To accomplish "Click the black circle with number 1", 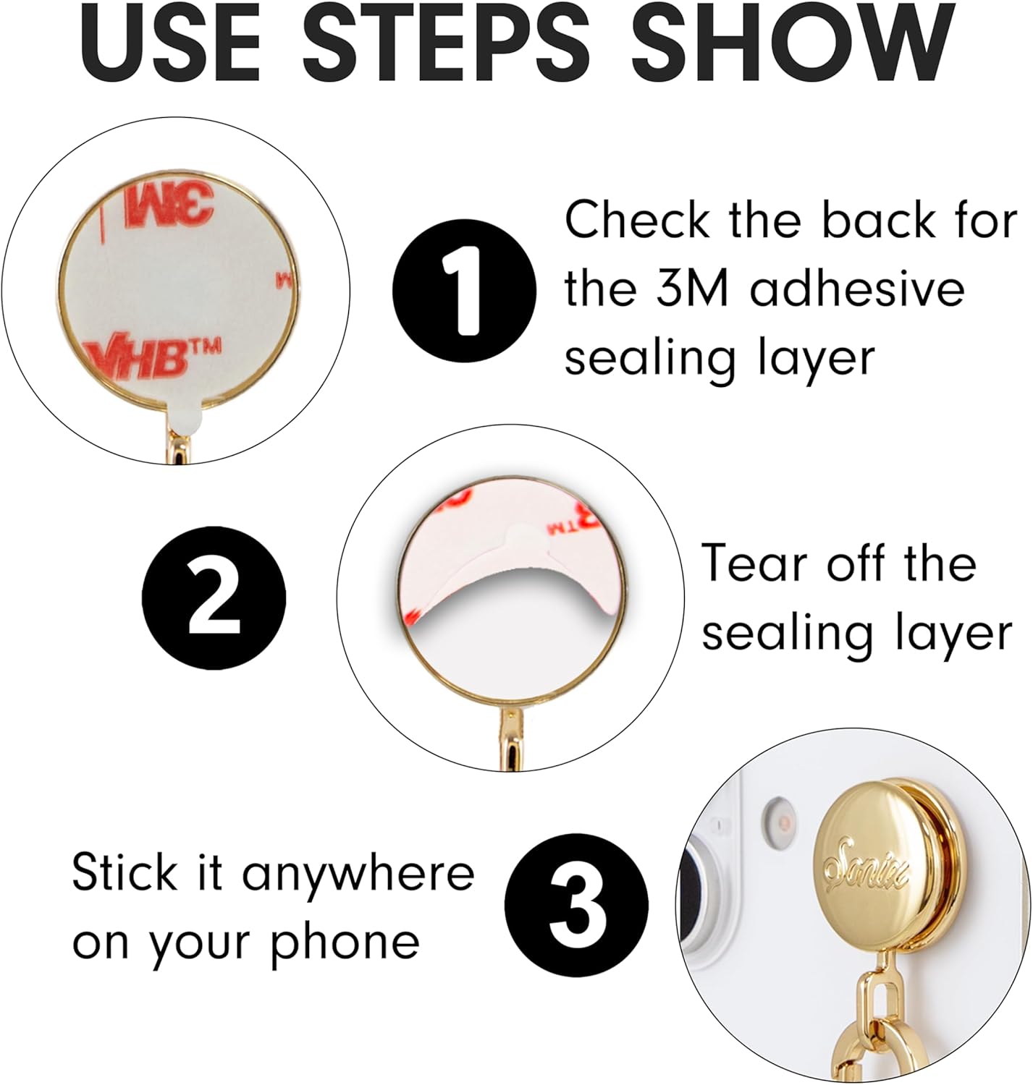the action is coord(464,291).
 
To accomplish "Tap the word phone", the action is coord(345,944).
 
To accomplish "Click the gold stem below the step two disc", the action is coord(510,737).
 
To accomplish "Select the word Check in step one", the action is coord(636,220).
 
